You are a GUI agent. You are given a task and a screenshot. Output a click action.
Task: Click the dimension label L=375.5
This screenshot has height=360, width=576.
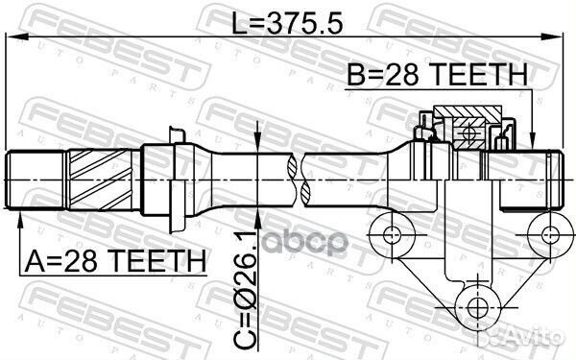[x=287, y=22]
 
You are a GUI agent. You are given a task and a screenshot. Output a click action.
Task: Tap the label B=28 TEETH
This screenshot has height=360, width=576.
[x=437, y=75]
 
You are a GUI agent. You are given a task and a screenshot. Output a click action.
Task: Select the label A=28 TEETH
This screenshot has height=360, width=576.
[x=115, y=261]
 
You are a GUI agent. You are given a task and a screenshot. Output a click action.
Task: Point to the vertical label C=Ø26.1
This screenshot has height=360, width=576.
[x=245, y=290]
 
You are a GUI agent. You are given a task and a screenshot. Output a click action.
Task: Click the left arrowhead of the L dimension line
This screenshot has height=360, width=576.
[x=17, y=36]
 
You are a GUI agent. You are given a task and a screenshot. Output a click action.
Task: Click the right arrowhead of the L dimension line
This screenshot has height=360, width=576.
[x=552, y=36]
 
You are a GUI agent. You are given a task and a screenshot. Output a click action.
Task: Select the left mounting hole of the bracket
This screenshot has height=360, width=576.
[x=392, y=235]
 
